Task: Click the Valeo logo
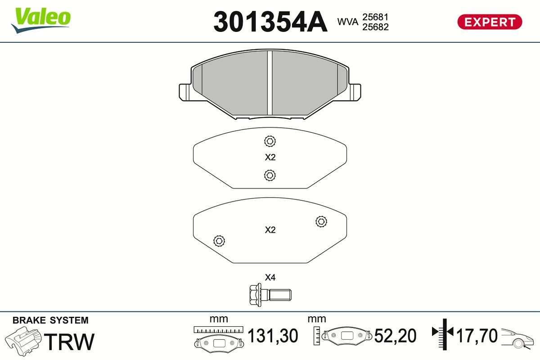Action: click(41, 20)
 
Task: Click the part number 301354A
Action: click(270, 22)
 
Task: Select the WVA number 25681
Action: click(375, 17)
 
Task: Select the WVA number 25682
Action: click(375, 27)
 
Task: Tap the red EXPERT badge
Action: click(490, 22)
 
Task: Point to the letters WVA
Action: click(347, 22)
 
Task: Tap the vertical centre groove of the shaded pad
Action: click(270, 83)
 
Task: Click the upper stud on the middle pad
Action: click(270, 141)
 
